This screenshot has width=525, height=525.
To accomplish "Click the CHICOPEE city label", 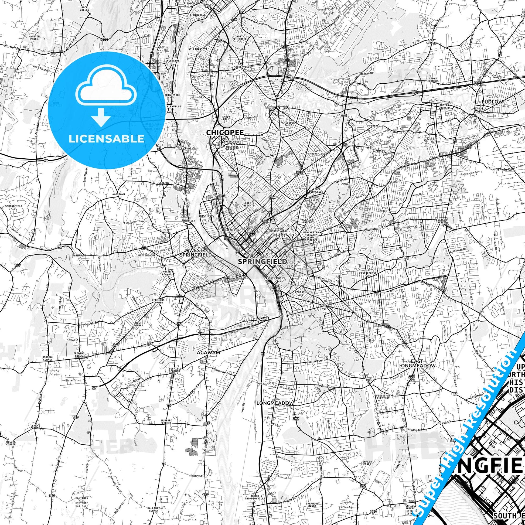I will click(225, 132).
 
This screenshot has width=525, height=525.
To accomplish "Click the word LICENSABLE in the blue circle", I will click(106, 139).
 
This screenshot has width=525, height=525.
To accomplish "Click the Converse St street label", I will click(316, 361).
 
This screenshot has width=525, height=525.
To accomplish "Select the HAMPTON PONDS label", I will click(34, 38).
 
